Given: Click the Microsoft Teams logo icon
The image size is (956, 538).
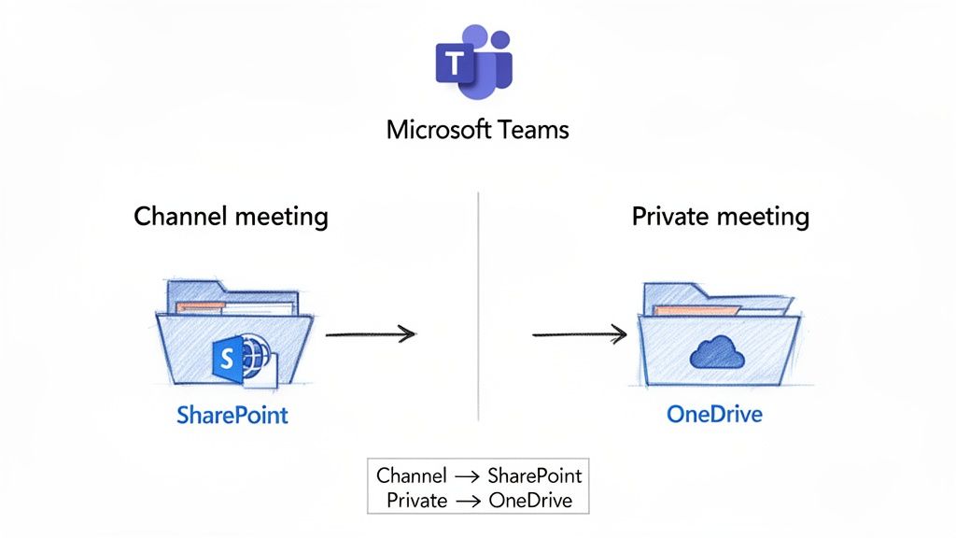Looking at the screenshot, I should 474,63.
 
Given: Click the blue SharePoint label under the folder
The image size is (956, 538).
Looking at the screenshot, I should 232,415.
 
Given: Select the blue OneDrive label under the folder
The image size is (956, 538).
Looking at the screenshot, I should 714,413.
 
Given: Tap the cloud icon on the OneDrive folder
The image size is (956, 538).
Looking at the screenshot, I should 715,352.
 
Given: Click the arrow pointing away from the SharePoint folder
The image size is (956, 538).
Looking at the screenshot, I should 370,333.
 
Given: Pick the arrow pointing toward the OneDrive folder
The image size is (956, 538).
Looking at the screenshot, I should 579,333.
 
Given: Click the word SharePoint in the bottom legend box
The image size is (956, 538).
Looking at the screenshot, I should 535,475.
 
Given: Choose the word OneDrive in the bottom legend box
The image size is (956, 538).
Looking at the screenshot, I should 529,500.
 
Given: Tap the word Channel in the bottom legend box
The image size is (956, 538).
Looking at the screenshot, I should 412,475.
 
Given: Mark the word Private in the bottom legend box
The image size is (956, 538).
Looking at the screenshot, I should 417,500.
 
